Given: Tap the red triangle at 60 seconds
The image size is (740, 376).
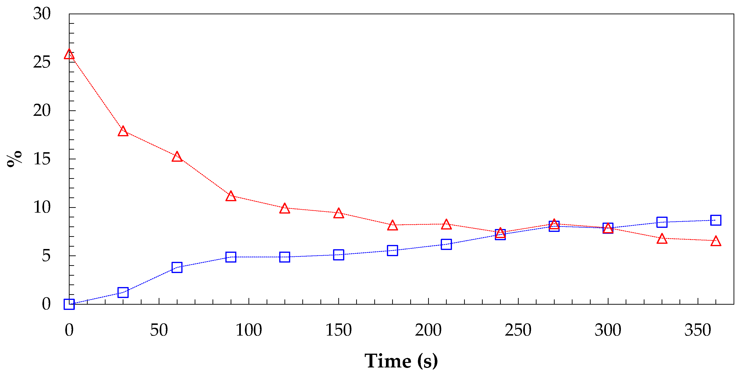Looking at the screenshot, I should click(x=177, y=157).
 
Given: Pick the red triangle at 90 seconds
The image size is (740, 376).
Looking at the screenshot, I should click(x=231, y=196).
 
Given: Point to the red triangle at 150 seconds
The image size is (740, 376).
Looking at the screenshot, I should click(x=339, y=214).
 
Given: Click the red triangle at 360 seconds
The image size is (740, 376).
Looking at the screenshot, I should click(x=716, y=241).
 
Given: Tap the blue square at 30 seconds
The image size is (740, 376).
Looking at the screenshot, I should click(x=123, y=293).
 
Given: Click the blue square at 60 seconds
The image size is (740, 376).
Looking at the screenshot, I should click(x=177, y=267).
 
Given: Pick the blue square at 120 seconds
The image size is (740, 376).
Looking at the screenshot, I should click(x=285, y=257).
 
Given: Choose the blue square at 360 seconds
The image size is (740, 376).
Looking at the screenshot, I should click(x=716, y=220).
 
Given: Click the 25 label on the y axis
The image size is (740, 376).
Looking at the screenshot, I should click(x=42, y=62).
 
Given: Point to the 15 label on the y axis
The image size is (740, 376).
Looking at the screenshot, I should click(x=42, y=159).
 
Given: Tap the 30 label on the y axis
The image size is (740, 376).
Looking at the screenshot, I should click(x=42, y=14).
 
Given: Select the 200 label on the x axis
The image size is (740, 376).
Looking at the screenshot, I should click(x=428, y=330).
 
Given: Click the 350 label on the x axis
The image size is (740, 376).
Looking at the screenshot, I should click(x=698, y=330).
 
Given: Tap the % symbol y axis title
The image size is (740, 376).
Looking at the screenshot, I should click(x=14, y=159).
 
